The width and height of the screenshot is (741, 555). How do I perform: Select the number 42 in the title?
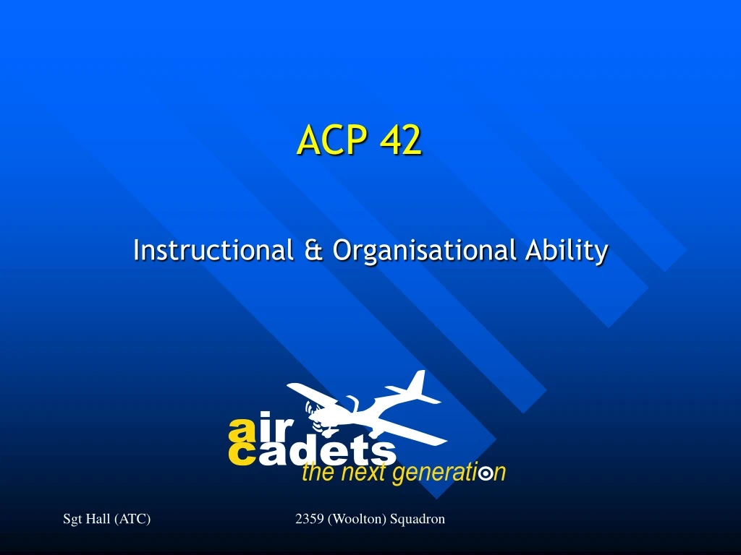point(399,140)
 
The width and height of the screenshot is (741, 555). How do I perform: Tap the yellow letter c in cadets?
point(240,454)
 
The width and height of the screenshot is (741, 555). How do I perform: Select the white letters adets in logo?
point(326,452)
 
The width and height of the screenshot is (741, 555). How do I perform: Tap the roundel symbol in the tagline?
point(486,474)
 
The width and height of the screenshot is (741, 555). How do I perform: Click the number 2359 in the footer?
point(310,518)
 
